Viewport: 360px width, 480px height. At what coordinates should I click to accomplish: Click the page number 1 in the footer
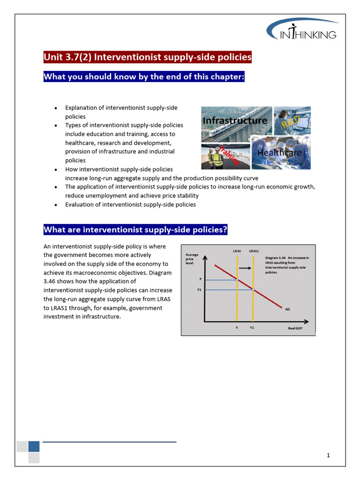tap(329, 455)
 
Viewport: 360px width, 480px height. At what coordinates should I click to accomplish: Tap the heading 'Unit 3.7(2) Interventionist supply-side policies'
tap(148, 57)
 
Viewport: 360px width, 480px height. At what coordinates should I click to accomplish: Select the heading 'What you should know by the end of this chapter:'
tap(144, 76)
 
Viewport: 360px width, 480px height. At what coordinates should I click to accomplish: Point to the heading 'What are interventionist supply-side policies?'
tap(135, 230)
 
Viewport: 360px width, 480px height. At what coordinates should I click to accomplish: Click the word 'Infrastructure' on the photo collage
tap(235, 120)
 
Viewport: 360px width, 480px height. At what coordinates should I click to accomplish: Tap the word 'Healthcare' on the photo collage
tap(279, 153)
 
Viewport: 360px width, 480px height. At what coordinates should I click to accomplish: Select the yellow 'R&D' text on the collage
tap(290, 123)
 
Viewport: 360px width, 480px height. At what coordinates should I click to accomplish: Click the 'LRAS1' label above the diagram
tap(254, 251)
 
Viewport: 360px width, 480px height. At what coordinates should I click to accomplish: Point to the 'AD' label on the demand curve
tap(287, 309)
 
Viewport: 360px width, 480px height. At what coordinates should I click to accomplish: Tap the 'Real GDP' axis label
tap(295, 328)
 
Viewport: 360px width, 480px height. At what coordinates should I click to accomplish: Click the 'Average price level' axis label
tap(192, 259)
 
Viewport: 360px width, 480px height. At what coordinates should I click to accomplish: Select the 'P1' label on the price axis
tap(199, 290)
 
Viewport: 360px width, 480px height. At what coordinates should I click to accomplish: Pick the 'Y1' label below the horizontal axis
tap(252, 328)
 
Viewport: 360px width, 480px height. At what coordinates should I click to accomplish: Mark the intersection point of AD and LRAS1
tap(253, 290)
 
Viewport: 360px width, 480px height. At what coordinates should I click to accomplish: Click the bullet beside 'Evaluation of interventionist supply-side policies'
tap(56, 205)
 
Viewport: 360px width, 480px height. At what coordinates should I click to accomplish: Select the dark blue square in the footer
tap(34, 446)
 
